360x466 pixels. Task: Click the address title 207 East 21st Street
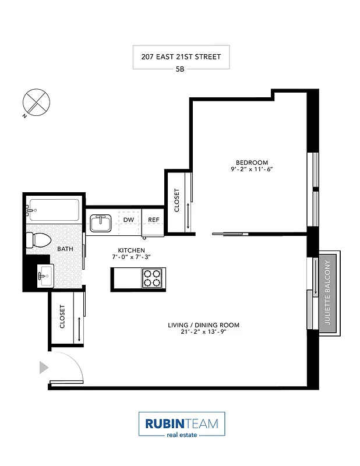tap(181, 57)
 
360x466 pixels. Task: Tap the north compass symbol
tap(35, 103)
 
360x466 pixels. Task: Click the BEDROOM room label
tap(251, 162)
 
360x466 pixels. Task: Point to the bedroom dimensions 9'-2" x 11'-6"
tap(251, 170)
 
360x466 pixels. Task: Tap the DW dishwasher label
tap(129, 220)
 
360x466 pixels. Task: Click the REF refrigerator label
tap(154, 220)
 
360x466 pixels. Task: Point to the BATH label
tap(65, 249)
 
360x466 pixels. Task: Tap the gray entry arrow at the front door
tap(43, 367)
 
